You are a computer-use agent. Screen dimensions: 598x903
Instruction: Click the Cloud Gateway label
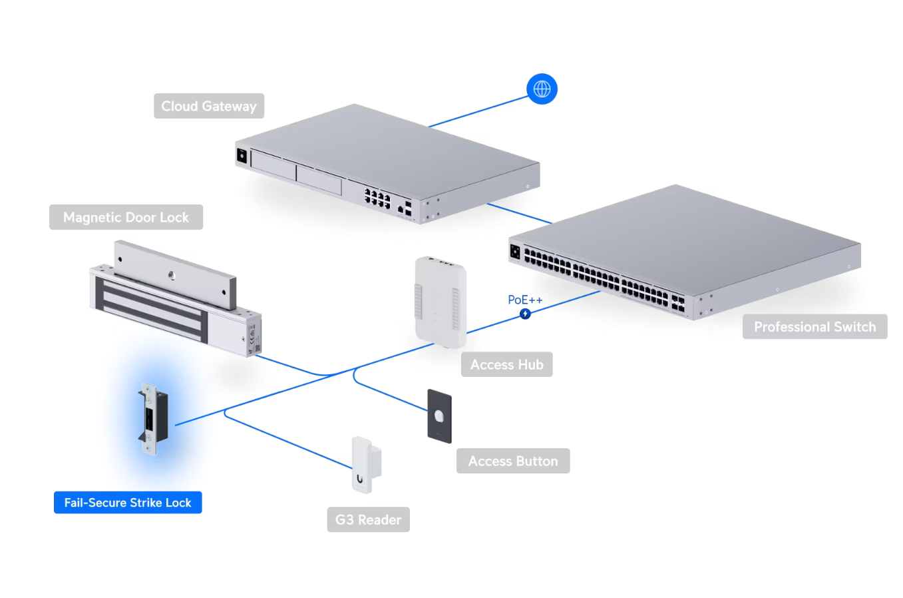209,106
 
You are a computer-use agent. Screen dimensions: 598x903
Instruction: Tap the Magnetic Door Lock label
126,217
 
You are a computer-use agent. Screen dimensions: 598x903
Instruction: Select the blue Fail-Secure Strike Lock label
128,503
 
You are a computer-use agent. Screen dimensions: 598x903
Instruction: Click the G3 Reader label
368,519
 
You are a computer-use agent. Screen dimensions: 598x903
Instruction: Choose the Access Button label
512,461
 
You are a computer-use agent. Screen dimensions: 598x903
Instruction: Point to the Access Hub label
506,364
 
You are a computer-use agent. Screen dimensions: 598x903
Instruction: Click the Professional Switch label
814,326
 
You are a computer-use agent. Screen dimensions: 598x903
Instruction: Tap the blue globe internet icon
542,89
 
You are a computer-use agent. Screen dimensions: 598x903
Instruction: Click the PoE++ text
525,300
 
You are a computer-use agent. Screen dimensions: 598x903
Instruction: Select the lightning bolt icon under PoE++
525,314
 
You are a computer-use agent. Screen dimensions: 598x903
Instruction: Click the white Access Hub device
440,302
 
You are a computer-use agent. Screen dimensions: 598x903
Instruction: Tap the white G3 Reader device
365,465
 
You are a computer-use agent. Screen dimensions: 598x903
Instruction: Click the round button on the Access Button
439,416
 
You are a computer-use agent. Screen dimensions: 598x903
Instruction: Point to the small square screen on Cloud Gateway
242,156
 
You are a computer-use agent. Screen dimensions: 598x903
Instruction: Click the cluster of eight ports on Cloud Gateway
377,198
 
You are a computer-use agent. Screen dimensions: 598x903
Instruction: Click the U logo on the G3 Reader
360,478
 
